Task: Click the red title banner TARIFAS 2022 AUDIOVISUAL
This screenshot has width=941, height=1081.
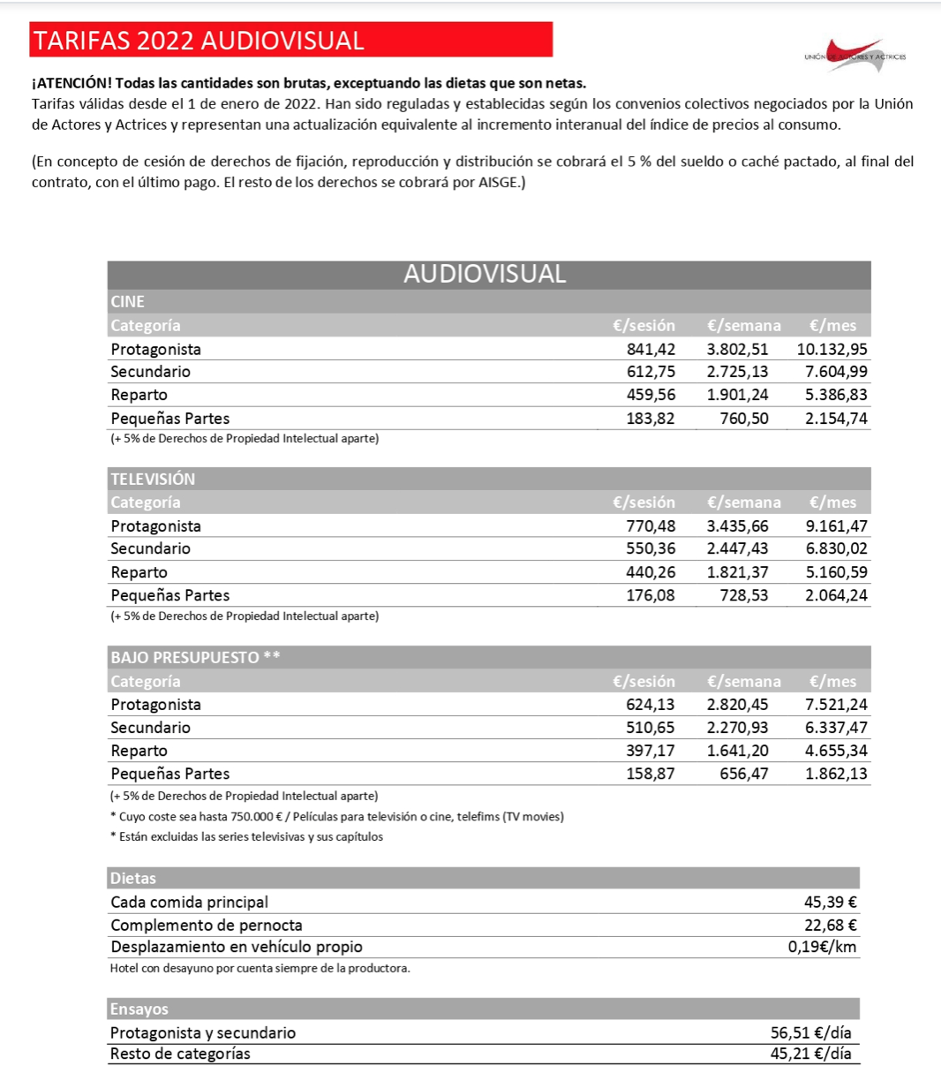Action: click(291, 41)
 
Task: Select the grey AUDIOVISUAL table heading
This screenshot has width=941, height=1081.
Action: click(485, 274)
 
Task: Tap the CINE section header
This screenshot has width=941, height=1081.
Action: click(128, 301)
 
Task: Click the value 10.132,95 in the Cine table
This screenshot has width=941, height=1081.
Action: click(832, 349)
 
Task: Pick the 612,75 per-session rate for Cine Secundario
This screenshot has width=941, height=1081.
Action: click(651, 372)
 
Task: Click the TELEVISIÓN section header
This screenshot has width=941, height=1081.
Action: click(153, 479)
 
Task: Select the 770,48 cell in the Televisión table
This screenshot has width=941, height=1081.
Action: click(651, 526)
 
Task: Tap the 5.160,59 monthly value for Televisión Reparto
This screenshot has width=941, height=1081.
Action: click(836, 572)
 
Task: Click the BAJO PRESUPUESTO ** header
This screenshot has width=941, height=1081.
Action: click(195, 657)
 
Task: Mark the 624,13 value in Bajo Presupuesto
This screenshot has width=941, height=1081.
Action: click(651, 705)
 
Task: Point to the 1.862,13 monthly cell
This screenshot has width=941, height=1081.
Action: click(836, 774)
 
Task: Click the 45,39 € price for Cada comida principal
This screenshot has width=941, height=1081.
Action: click(830, 902)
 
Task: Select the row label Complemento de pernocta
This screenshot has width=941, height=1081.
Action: click(207, 925)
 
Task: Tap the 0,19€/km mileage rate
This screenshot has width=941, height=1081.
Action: click(822, 947)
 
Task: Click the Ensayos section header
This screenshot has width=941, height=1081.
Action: click(139, 1009)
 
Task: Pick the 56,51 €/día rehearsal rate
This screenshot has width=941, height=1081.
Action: click(810, 1032)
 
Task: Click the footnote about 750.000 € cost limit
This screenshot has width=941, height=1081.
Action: click(336, 816)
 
